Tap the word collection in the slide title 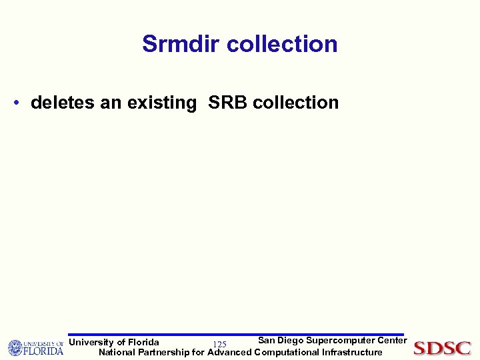coord(282,44)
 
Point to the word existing coord(161,103)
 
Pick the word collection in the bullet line coord(296,103)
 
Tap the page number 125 coord(219,344)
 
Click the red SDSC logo coord(443,348)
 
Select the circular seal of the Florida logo coord(15,348)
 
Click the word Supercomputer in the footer coord(341,341)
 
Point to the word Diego coord(290,341)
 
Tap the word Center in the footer coord(391,341)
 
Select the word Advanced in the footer coord(229,352)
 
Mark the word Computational coord(287,352)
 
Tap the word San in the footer coord(267,341)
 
